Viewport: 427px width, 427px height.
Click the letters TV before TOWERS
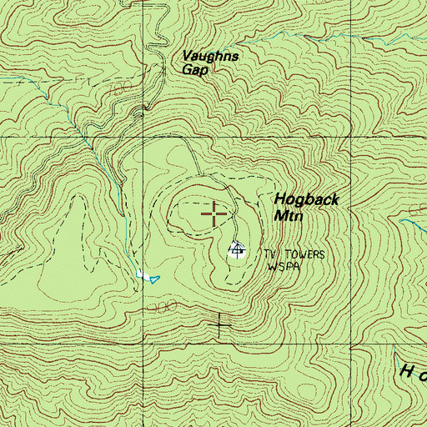pyautogui.click(x=270, y=253)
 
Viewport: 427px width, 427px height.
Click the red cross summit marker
pyautogui.click(x=214, y=214)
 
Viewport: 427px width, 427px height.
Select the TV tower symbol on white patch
pyautogui.click(x=237, y=248)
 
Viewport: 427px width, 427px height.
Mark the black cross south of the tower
pyautogui.click(x=221, y=324)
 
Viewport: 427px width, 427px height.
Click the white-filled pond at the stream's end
pyautogui.click(x=143, y=274)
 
